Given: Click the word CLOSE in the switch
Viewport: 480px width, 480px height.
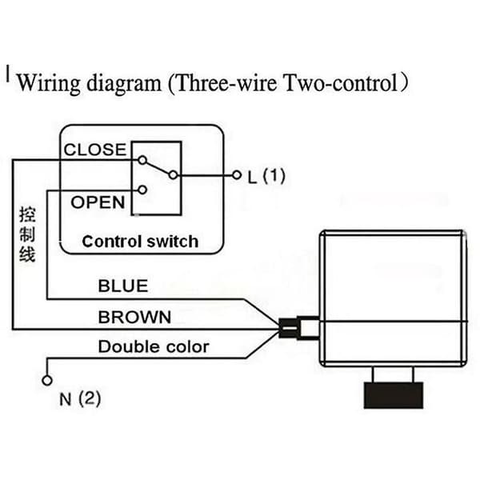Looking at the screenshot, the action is click(x=95, y=150).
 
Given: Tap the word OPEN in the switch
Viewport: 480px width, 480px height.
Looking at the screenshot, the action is click(x=98, y=202).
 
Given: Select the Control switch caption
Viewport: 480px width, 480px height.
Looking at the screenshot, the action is click(x=140, y=242).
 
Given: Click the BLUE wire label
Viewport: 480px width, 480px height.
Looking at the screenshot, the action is click(x=123, y=286).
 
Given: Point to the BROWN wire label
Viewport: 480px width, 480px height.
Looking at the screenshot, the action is click(x=134, y=317).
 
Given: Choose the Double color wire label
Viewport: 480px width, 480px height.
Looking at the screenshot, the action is click(x=154, y=347).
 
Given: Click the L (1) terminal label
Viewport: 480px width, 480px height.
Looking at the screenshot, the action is click(x=266, y=176).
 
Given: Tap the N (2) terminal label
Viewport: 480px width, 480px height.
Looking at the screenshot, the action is click(x=80, y=399).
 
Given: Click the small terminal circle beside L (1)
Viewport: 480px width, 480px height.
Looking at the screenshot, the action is click(x=237, y=175).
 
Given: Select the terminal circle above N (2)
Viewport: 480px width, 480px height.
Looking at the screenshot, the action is click(x=47, y=381).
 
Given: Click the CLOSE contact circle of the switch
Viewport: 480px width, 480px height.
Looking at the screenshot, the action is click(x=142, y=160).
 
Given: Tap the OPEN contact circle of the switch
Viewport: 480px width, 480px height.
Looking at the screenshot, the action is click(x=142, y=190).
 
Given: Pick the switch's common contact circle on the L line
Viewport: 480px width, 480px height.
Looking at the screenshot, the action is click(x=174, y=175).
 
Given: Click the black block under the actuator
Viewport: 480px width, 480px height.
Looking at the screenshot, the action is click(x=394, y=395).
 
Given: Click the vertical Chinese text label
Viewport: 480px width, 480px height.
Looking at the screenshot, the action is click(x=27, y=234).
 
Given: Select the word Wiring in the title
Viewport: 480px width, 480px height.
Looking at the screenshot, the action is click(x=49, y=83).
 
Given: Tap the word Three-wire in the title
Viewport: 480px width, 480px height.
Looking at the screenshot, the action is click(x=226, y=82).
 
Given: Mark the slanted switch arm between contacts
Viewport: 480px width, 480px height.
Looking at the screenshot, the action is click(x=158, y=168).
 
